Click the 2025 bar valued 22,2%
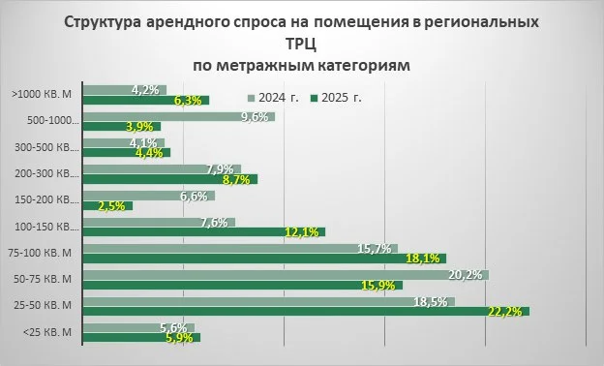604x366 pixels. tap(307, 311)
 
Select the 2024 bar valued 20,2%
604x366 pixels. tap(287, 275)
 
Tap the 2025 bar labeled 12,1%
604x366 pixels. tap(205, 231)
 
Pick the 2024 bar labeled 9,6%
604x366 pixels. tap(180, 116)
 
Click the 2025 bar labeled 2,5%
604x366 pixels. tap(108, 205)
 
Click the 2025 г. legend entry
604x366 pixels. tap(336, 98)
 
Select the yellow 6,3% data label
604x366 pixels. tap(187, 100)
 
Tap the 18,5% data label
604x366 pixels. tap(431, 302)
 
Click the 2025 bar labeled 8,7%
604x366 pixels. tap(171, 179)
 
